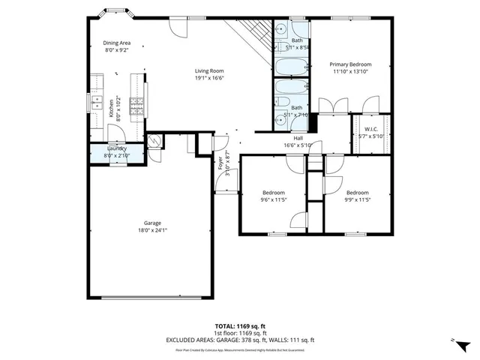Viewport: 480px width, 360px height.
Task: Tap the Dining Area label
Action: (116, 43)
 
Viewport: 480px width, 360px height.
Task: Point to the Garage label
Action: (153, 223)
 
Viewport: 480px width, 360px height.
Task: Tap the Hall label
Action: (298, 138)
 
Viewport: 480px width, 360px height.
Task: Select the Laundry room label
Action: (116, 148)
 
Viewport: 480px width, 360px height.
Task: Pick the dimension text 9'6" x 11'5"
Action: (274, 200)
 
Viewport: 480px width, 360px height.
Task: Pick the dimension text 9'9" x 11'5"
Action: (357, 200)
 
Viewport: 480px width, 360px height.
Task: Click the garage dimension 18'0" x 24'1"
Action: (153, 231)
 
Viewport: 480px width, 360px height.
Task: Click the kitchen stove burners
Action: (136, 108)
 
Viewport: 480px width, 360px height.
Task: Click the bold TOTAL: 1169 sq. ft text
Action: (239, 327)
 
